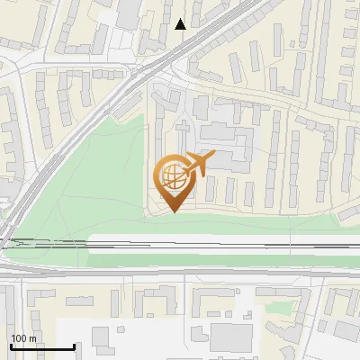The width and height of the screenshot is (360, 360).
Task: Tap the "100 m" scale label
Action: click(x=23, y=338)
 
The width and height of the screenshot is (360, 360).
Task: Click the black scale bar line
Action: click(x=42, y=346)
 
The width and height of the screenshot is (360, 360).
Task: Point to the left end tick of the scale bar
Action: click(x=11, y=346)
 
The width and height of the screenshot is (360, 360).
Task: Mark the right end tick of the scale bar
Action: click(x=74, y=346)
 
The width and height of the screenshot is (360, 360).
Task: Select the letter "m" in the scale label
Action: click(x=31, y=338)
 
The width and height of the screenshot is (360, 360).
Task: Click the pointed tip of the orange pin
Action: click(x=173, y=211)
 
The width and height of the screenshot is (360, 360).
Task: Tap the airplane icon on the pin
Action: click(x=198, y=166)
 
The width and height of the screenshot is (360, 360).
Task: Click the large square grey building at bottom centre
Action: click(x=231, y=337)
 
